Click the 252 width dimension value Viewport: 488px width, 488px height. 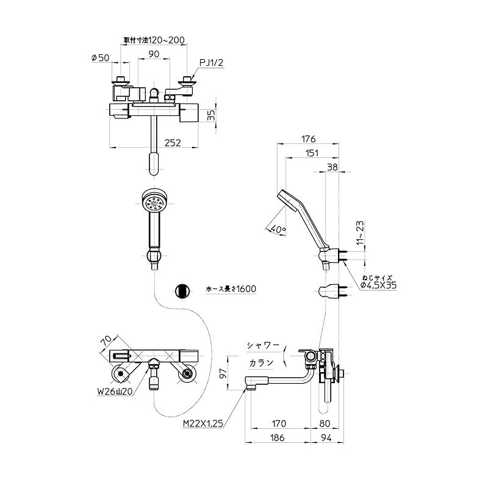(173, 143)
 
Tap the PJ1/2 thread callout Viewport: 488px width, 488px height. (211, 63)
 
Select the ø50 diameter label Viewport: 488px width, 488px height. (100, 57)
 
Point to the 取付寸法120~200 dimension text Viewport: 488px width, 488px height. (154, 40)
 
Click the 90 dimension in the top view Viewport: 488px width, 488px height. (154, 54)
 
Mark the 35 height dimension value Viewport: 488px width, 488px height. (211, 115)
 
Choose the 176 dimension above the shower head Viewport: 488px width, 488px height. (308, 139)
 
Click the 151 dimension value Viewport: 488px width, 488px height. (312, 153)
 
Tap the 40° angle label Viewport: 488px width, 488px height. (278, 229)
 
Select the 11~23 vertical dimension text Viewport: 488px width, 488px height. (360, 233)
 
